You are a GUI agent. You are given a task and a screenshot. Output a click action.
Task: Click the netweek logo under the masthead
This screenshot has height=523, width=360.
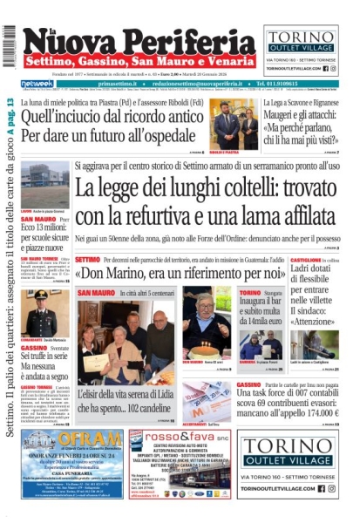[37, 84]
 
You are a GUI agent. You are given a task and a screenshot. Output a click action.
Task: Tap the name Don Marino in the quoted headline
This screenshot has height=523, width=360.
[114, 271]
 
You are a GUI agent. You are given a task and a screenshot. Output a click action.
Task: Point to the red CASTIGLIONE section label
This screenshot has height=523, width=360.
[307, 260]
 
